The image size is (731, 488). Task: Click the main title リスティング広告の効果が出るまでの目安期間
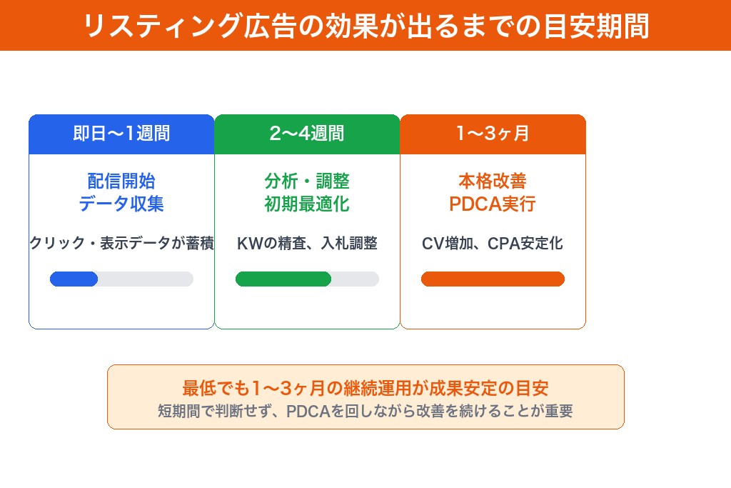365,26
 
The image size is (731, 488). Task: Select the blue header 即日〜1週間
121,134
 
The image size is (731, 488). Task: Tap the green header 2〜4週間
307,134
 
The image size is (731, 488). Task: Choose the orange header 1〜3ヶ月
493,134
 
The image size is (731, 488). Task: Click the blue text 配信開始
121,181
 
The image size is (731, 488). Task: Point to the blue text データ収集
121,204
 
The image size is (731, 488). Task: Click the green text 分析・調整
307,181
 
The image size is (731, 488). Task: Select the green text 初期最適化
307,204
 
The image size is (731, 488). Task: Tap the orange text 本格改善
493,181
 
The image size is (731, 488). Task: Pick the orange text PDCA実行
493,204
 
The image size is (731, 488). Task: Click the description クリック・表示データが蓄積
121,243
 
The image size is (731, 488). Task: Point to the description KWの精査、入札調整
307,243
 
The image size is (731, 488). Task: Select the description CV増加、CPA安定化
493,243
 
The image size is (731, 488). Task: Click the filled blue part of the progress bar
74,279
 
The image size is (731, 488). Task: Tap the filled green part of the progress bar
283,279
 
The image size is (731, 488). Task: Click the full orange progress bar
493,279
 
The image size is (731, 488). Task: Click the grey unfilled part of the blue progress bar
146,279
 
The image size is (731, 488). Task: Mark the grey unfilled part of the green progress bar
356,279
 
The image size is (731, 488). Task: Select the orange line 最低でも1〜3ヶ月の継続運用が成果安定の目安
365,389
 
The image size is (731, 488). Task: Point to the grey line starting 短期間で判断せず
365,412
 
